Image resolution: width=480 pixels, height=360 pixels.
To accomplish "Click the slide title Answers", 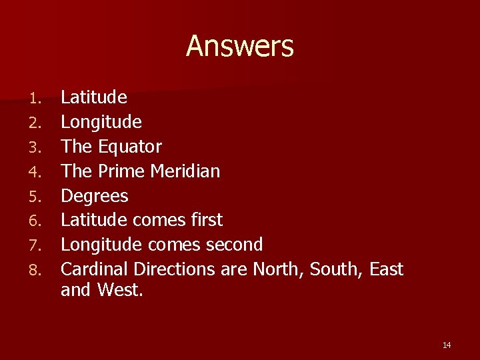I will click(x=239, y=47).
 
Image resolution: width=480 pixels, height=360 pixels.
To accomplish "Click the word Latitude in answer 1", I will click(x=94, y=97).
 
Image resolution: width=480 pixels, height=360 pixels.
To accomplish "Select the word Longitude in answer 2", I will click(x=101, y=122).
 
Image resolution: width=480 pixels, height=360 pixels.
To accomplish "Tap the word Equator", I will click(x=130, y=147).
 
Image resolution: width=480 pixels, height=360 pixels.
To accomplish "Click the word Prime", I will click(x=121, y=171).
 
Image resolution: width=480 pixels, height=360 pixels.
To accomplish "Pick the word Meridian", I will click(x=185, y=171).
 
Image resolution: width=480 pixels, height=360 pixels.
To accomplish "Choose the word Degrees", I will click(x=95, y=196).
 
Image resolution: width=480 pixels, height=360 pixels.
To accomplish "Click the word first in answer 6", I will click(x=207, y=220).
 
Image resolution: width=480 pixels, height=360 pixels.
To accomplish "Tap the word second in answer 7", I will click(x=235, y=245).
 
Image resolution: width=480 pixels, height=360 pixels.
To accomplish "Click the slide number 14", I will click(x=447, y=345).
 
